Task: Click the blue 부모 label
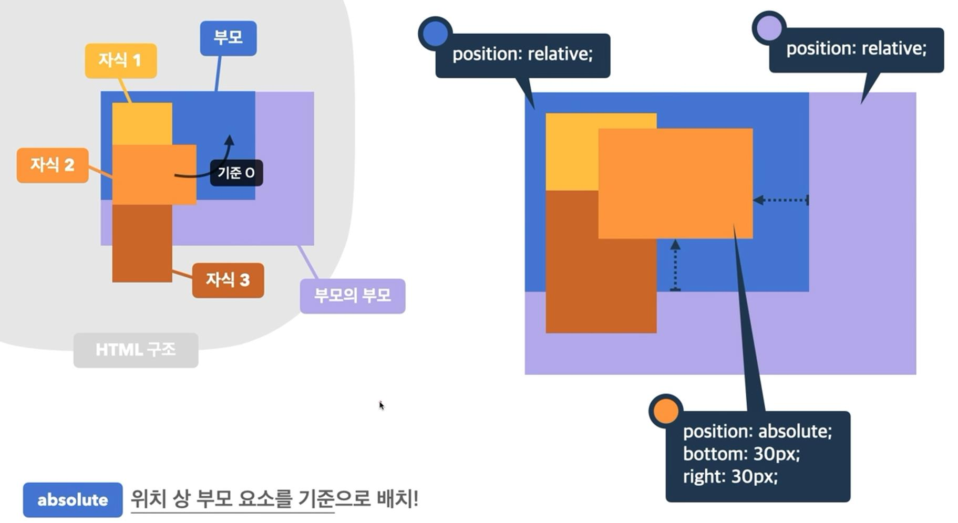click(228, 38)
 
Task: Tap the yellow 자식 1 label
click(121, 60)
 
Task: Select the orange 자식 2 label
click(53, 165)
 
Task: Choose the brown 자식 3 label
click(228, 280)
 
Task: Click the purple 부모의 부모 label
click(352, 296)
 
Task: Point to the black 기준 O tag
click(236, 173)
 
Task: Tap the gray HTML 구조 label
click(136, 350)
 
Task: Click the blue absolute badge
click(73, 499)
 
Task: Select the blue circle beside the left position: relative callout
click(435, 33)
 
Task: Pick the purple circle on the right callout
click(769, 28)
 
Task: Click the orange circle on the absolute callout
click(666, 411)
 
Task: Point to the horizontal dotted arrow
click(781, 200)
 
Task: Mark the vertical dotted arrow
click(675, 265)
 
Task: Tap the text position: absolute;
click(757, 431)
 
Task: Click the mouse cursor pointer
click(381, 405)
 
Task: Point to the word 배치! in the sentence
click(397, 498)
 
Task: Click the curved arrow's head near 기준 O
click(229, 140)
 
